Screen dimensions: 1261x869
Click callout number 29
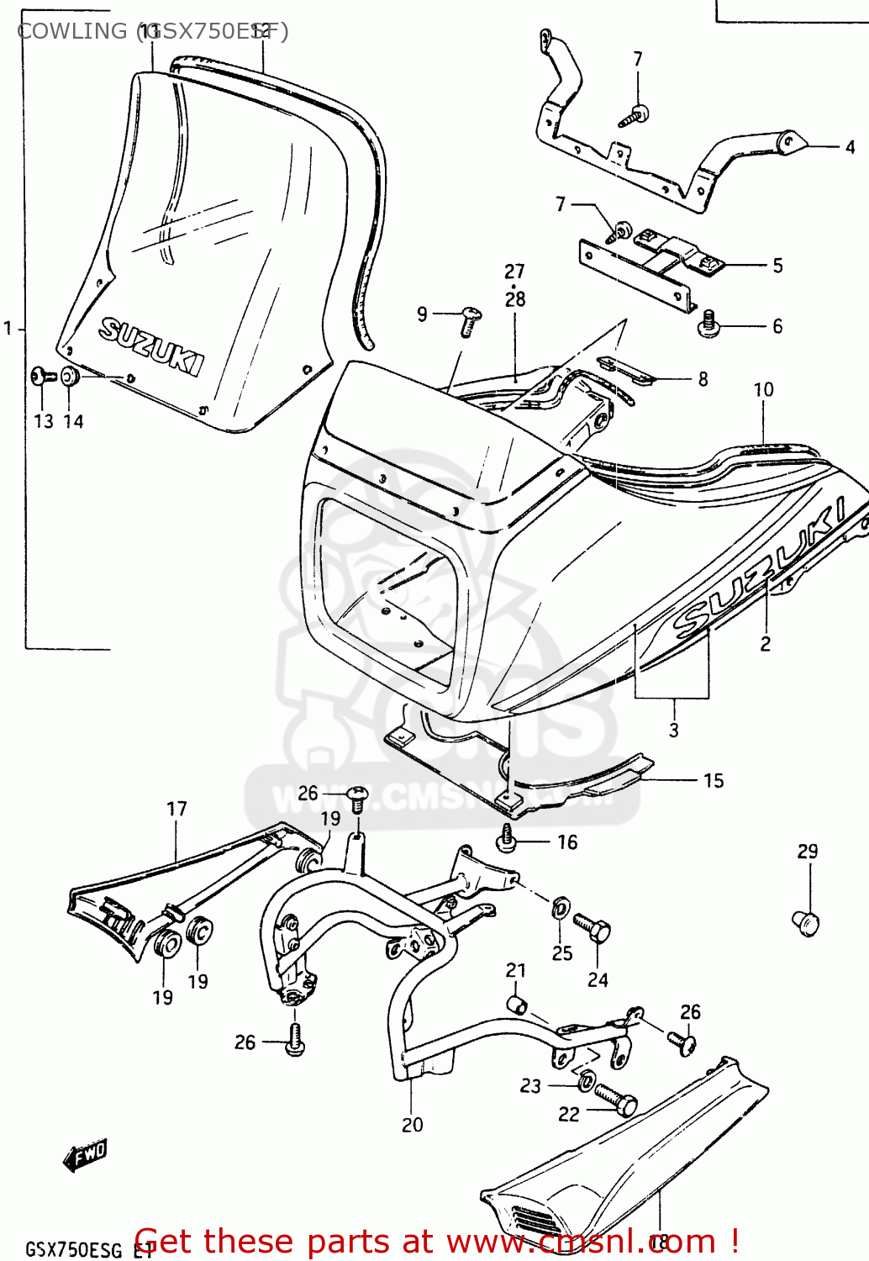coord(807,851)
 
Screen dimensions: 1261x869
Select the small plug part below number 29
coord(805,922)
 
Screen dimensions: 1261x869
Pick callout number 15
coord(713,781)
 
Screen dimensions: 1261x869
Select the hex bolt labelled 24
coord(592,928)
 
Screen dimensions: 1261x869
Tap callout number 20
coord(412,1125)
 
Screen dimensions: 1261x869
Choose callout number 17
coord(176,809)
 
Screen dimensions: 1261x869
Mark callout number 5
coord(777,266)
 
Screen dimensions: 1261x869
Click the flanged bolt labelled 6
coord(708,325)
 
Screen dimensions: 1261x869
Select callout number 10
coord(763,389)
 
